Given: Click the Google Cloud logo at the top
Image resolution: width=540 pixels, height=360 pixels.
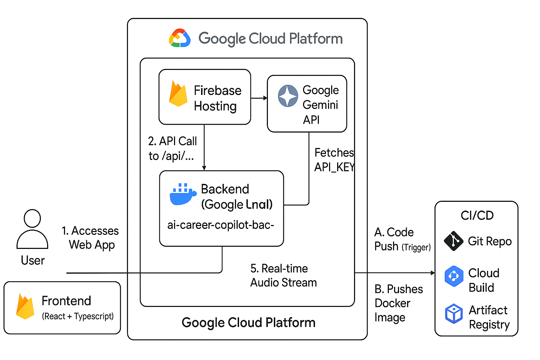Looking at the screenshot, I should pyautogui.click(x=180, y=38).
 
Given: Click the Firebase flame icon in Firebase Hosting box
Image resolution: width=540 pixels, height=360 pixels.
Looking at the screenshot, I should pyautogui.click(x=178, y=94).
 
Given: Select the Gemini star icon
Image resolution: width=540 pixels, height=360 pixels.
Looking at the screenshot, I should pyautogui.click(x=288, y=96).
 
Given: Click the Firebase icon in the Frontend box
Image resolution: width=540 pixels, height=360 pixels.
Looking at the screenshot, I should pyautogui.click(x=25, y=306).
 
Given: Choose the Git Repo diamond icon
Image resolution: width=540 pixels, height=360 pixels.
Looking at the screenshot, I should pyautogui.click(x=454, y=241).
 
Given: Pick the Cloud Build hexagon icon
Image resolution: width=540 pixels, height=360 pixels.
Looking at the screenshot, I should pyautogui.click(x=454, y=276).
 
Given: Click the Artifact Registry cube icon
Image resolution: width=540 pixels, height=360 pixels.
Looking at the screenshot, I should pyautogui.click(x=454, y=313).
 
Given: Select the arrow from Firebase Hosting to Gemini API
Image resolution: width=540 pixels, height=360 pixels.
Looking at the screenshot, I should pyautogui.click(x=259, y=98).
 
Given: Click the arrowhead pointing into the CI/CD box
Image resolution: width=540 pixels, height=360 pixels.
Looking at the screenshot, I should pyautogui.click(x=433, y=273).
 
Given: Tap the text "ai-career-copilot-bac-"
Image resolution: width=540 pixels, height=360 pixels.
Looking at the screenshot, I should pyautogui.click(x=220, y=225).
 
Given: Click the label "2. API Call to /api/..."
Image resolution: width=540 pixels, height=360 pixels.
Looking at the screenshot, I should pyautogui.click(x=172, y=148).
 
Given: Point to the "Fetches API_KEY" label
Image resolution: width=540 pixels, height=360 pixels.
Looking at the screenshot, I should pyautogui.click(x=334, y=160).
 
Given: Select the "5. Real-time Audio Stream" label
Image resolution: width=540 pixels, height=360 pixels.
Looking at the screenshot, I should pyautogui.click(x=283, y=276).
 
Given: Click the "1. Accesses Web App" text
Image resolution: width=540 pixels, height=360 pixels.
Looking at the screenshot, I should pyautogui.click(x=91, y=238).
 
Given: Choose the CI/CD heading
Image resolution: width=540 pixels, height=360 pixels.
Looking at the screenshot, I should pyautogui.click(x=477, y=215).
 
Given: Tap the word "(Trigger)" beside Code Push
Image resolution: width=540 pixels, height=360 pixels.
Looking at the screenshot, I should pyautogui.click(x=416, y=247).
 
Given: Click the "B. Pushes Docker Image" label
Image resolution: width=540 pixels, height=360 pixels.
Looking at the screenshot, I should pyautogui.click(x=398, y=303).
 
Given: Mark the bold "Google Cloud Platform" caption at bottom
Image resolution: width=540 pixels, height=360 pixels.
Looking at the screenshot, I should pyautogui.click(x=248, y=322).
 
